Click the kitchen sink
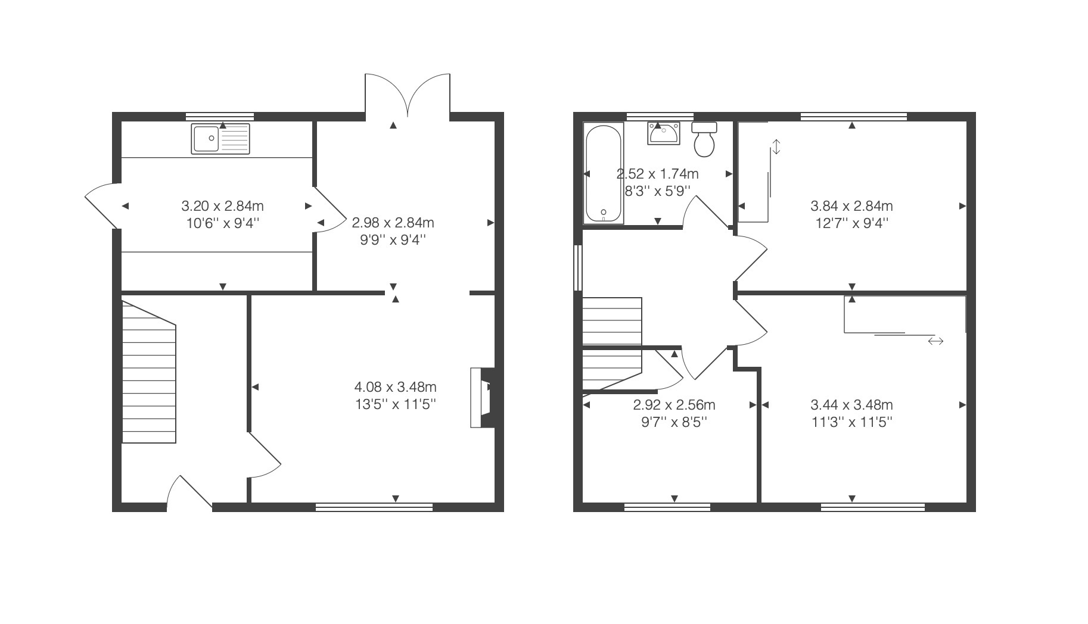pyautogui.click(x=220, y=139)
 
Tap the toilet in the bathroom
pyautogui.click(x=704, y=139)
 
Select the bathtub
pyautogui.click(x=604, y=174)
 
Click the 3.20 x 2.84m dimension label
pyautogui.click(x=222, y=206)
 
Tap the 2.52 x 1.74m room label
pyautogui.click(x=657, y=174)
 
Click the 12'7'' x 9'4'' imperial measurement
pyautogui.click(x=851, y=223)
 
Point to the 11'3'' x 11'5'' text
pyautogui.click(x=851, y=422)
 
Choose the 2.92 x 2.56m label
pyautogui.click(x=674, y=405)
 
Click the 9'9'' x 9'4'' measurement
pyautogui.click(x=393, y=240)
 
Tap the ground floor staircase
pyautogui.click(x=149, y=372)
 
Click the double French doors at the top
pyautogui.click(x=408, y=93)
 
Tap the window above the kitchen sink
pyautogui.click(x=220, y=116)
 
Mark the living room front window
pyautogui.click(x=374, y=507)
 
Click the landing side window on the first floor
pyautogui.click(x=577, y=267)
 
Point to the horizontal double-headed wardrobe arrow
pyautogui.click(x=935, y=341)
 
